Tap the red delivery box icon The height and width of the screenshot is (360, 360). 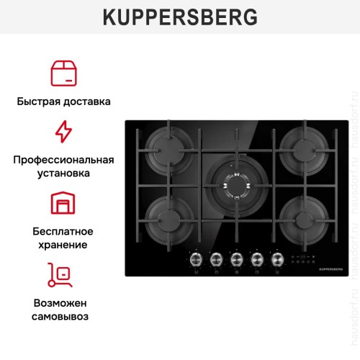point(63,73)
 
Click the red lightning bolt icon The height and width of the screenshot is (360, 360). point(63,132)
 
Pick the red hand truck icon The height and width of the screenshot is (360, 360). point(63,276)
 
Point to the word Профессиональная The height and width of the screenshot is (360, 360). point(63,159)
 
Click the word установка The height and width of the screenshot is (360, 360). point(63,174)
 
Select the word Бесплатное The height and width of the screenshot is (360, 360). point(63,231)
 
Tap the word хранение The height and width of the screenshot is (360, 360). point(63,246)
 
